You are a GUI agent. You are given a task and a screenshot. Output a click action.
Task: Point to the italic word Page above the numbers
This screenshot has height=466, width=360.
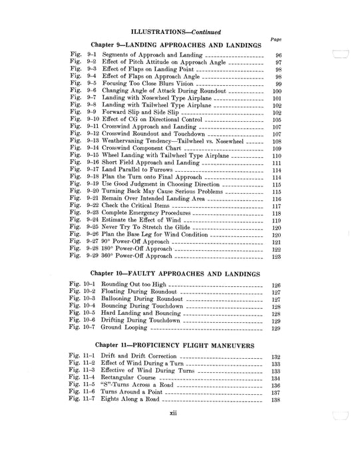tap(276, 39)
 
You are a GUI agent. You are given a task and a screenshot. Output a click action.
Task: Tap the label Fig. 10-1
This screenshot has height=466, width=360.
tap(85, 286)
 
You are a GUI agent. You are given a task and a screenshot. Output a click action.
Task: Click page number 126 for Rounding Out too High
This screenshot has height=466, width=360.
tap(277, 286)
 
